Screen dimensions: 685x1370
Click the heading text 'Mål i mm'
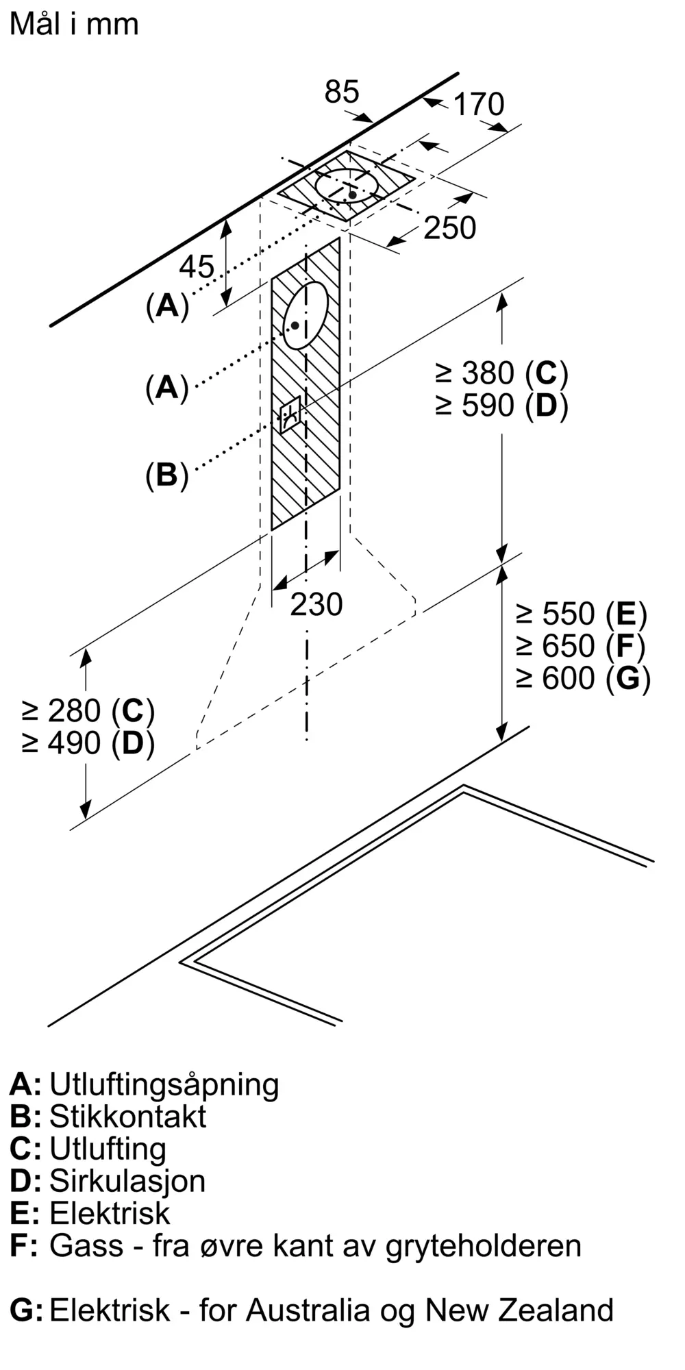coord(74,24)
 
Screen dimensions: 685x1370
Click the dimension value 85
coord(342,92)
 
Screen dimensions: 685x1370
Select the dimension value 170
coord(479,104)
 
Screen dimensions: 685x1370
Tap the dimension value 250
coord(449,227)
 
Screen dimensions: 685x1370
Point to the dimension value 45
coord(197,266)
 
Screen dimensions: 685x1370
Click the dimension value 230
coord(316,604)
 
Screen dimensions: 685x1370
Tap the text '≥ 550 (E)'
coord(582,614)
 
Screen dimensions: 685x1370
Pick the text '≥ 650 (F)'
coord(581,646)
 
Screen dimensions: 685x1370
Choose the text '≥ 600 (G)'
coord(583,678)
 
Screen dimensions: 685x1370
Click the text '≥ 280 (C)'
coord(88,711)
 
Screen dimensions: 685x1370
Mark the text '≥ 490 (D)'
coord(88,743)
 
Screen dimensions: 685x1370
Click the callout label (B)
coord(166,475)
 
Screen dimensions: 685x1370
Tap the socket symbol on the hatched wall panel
coord(290,414)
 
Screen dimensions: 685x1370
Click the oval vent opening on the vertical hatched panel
coord(306,315)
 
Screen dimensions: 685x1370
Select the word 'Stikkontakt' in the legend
coord(127,1117)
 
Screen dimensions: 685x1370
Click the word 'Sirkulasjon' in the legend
coord(127,1181)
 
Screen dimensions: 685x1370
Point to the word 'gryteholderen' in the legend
coord(483,1245)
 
